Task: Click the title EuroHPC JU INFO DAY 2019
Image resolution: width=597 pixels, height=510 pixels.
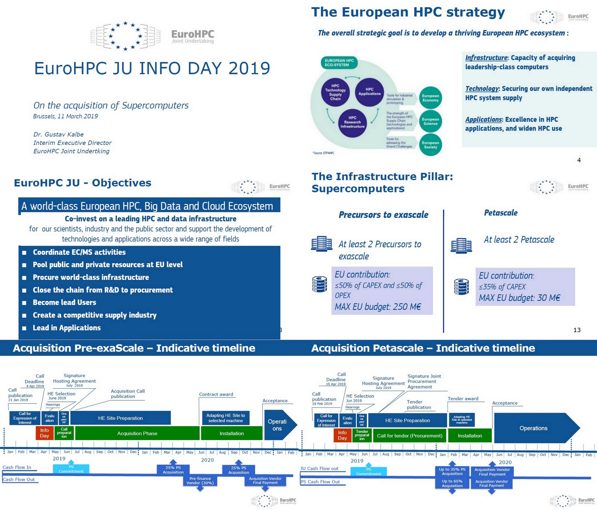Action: [x=152, y=69]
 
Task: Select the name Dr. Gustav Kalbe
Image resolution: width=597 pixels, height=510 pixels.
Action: [x=59, y=134]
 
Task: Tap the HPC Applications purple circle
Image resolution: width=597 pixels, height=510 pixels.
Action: [x=369, y=92]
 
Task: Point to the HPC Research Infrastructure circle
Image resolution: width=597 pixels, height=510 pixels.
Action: [x=352, y=122]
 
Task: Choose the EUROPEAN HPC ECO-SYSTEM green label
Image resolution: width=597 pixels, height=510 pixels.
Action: [x=339, y=63]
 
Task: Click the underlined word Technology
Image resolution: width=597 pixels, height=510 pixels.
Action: [x=482, y=89]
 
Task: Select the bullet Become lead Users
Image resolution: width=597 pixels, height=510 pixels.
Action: [x=65, y=303]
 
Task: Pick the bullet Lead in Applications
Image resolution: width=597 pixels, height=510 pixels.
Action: [x=67, y=328]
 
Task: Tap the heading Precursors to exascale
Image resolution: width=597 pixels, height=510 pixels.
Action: [x=383, y=215]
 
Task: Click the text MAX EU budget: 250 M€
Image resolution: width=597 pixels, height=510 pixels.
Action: [x=378, y=307]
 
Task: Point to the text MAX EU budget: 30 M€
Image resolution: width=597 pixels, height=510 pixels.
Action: [x=519, y=298]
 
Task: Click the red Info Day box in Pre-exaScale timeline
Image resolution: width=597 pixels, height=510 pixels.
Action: [x=44, y=433]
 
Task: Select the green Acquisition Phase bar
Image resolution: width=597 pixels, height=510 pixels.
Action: [x=137, y=434]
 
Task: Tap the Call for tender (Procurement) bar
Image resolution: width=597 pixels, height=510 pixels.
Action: [x=409, y=436]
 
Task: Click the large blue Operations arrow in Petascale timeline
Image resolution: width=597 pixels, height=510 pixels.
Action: [x=534, y=428]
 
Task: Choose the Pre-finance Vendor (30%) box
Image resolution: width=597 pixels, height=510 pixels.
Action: [x=200, y=481]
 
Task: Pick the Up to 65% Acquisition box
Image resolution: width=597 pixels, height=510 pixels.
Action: [x=452, y=484]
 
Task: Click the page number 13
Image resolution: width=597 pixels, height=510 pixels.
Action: [x=577, y=330]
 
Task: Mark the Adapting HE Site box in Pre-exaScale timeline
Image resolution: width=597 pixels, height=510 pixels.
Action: [x=225, y=418]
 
